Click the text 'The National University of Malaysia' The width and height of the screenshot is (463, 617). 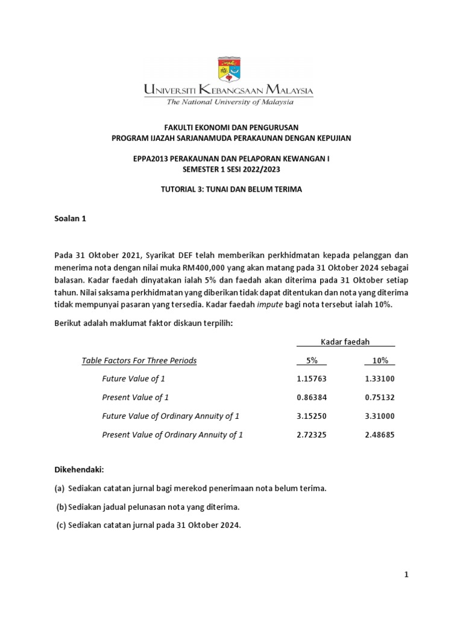[x=230, y=102]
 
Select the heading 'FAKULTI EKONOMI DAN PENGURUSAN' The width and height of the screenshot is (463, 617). [x=231, y=127]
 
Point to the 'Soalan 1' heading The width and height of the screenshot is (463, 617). [x=70, y=219]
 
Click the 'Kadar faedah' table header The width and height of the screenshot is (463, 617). [x=345, y=342]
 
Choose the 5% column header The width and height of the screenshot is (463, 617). [x=311, y=360]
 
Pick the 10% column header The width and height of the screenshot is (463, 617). [x=379, y=360]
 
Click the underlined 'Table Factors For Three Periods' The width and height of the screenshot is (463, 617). [x=139, y=360]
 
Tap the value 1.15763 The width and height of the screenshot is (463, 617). [x=312, y=378]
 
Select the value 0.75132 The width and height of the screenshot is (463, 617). [x=379, y=397]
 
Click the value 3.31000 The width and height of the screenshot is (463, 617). [x=379, y=416]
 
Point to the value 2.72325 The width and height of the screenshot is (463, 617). [x=312, y=434]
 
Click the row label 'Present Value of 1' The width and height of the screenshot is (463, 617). [x=135, y=397]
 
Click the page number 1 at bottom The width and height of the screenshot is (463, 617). [x=406, y=575]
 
